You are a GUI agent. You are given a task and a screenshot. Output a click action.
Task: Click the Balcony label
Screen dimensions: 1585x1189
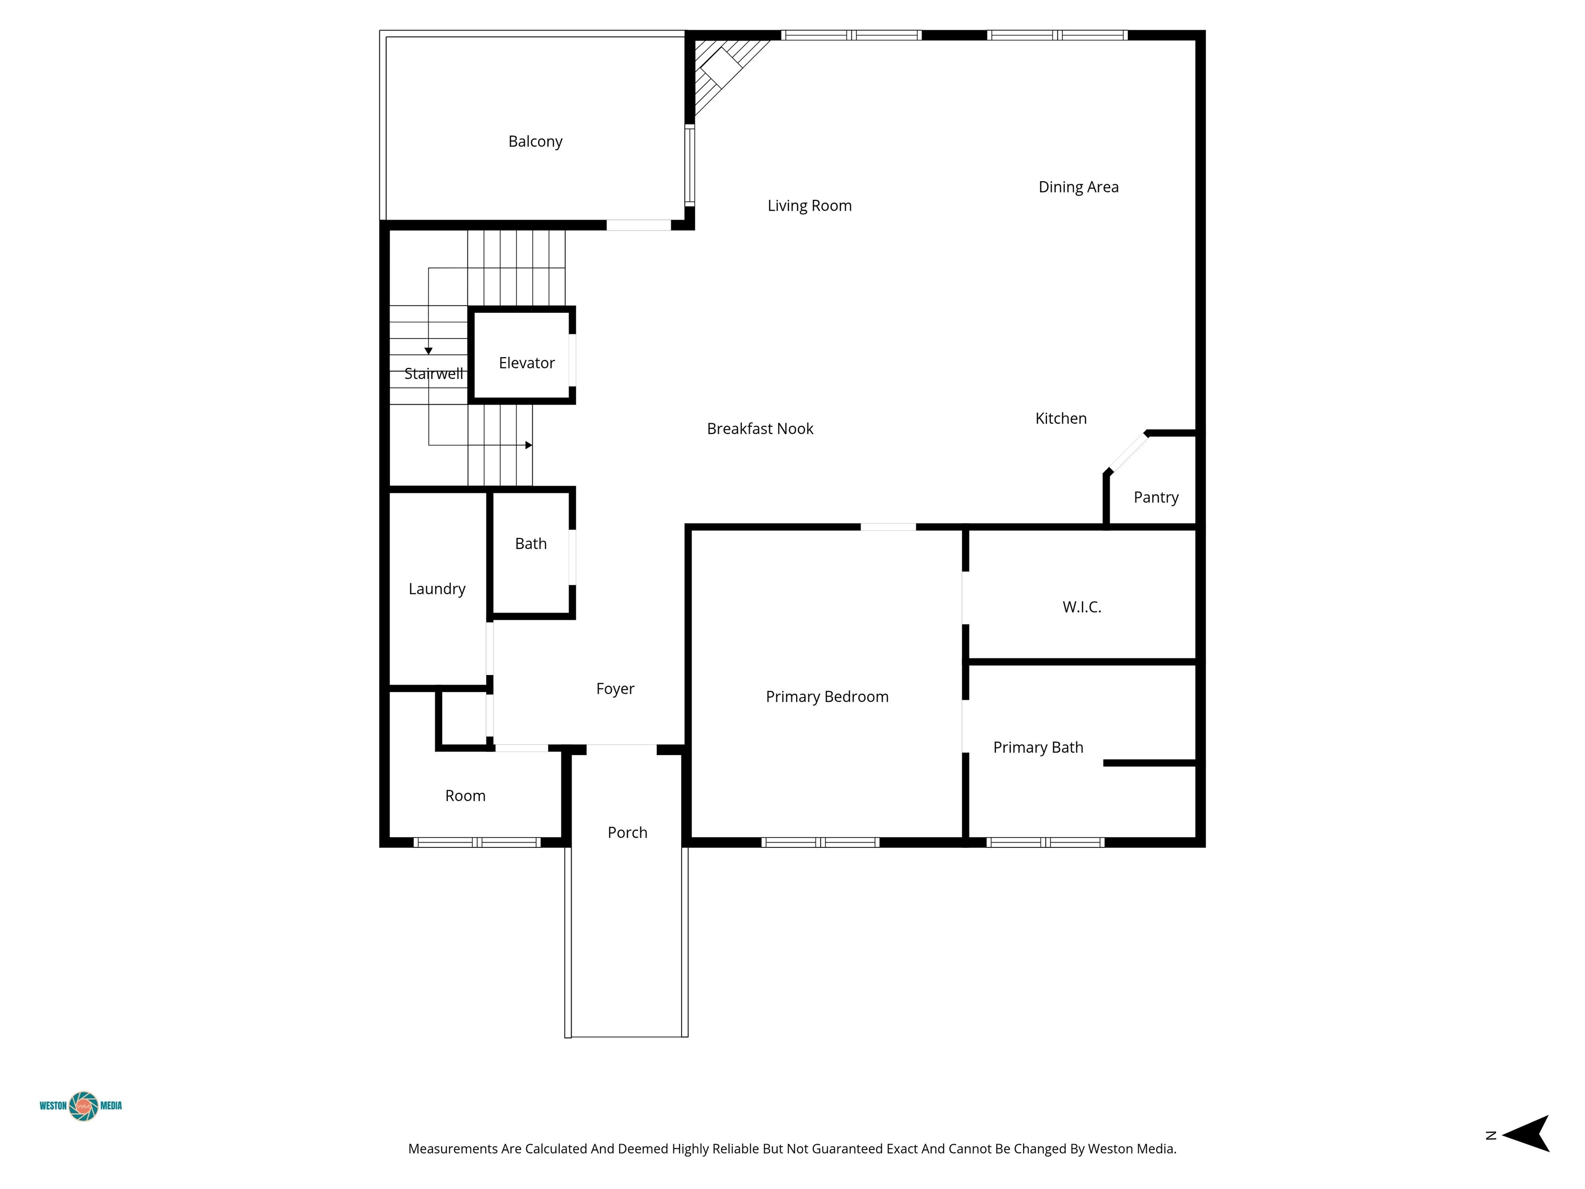535,142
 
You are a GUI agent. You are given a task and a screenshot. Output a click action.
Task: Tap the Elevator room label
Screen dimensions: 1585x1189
527,363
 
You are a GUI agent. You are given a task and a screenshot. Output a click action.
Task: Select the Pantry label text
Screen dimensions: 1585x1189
1156,497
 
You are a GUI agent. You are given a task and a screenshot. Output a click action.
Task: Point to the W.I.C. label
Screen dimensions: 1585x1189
1082,607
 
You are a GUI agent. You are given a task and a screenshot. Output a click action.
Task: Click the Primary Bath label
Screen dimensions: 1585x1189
1038,748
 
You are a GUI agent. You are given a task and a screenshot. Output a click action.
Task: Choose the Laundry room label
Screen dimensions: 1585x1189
437,589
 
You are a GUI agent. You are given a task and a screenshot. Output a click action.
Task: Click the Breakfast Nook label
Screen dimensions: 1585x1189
761,428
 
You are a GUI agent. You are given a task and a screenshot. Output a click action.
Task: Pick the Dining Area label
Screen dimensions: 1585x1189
1078,187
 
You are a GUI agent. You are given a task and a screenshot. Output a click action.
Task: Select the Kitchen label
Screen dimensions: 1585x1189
1061,419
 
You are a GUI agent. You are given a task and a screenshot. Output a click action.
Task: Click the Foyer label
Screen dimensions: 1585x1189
616,689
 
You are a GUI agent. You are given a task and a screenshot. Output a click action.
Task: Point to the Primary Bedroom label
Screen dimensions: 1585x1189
827,697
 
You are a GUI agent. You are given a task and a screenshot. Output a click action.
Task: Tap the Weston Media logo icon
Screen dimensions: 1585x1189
84,1106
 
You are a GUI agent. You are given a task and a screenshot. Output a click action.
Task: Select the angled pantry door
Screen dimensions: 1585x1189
1128,452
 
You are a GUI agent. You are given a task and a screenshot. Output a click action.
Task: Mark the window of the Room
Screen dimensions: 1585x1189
477,842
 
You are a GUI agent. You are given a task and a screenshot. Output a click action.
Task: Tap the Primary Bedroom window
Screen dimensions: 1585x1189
820,842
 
